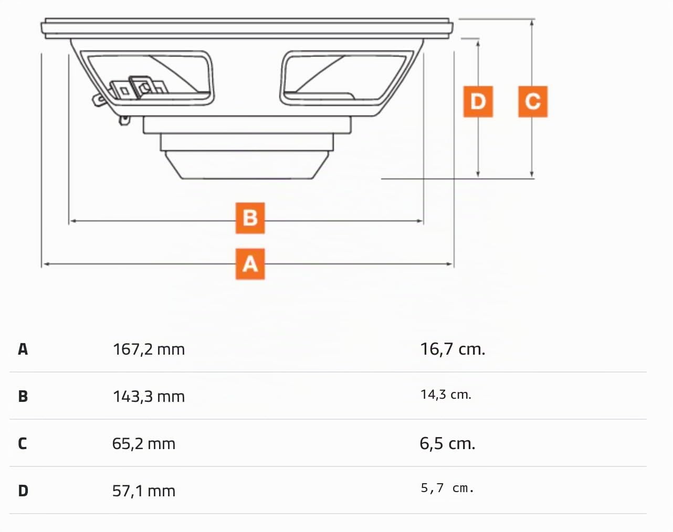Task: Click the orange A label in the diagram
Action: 250,264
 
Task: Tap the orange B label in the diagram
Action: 250,218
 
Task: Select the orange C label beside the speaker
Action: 533,102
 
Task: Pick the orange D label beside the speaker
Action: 478,102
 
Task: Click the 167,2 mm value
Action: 149,349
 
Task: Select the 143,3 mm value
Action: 149,397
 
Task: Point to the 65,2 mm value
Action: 144,444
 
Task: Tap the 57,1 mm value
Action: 144,491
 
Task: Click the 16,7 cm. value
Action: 453,349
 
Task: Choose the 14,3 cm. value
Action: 446,395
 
